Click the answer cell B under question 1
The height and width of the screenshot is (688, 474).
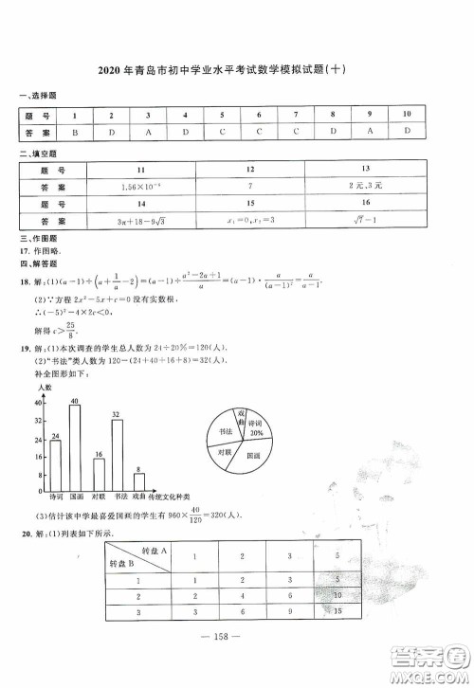coord(75,132)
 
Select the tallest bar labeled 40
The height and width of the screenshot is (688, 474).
coord(75,445)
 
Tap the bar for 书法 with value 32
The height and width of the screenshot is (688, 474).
coord(118,454)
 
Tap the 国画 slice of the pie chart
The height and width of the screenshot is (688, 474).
coord(252,456)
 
